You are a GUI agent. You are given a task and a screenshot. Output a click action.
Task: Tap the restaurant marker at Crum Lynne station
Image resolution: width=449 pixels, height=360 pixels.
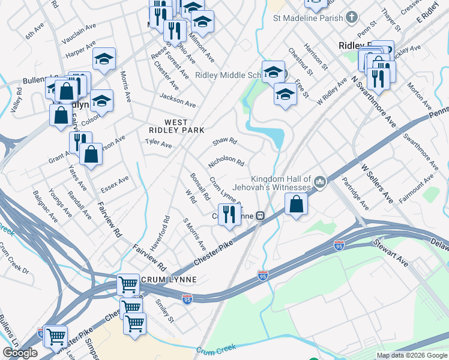[229, 214]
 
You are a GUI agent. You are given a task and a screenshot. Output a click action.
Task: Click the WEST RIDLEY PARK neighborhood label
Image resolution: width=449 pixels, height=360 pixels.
[177, 125]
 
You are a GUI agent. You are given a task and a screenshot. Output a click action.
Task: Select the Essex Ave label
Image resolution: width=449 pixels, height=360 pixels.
[115, 182]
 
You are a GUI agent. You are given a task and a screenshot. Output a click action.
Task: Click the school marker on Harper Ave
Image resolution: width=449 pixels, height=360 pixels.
[104, 59]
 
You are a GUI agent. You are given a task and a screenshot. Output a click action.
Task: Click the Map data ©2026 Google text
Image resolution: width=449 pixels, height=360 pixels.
[412, 355]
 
